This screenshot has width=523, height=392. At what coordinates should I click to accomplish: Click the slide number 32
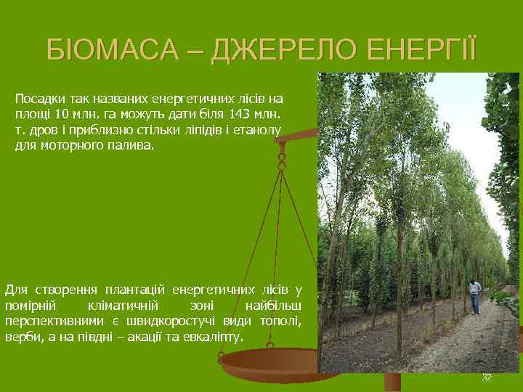(x=487, y=378)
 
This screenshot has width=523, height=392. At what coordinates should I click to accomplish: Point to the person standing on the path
(x=474, y=297)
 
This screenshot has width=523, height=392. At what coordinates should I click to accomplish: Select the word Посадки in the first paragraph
(x=38, y=97)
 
